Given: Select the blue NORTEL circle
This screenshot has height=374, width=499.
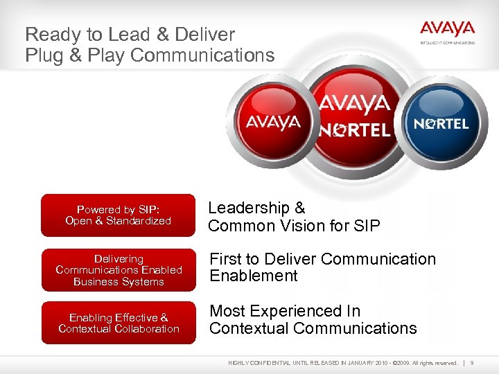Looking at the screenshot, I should click(441, 123).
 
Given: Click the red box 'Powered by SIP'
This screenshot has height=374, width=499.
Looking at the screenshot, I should click(118, 215).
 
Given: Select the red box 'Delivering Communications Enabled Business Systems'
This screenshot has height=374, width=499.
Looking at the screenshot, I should click(119, 270).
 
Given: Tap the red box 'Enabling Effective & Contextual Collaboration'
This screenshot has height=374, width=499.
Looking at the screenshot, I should click(119, 323).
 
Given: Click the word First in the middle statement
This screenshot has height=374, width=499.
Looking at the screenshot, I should click(226, 259).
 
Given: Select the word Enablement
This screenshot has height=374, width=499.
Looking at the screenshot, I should click(253, 276).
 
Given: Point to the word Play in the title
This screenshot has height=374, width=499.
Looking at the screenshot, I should click(106, 55).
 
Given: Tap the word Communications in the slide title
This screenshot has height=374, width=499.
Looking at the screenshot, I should click(202, 55).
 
